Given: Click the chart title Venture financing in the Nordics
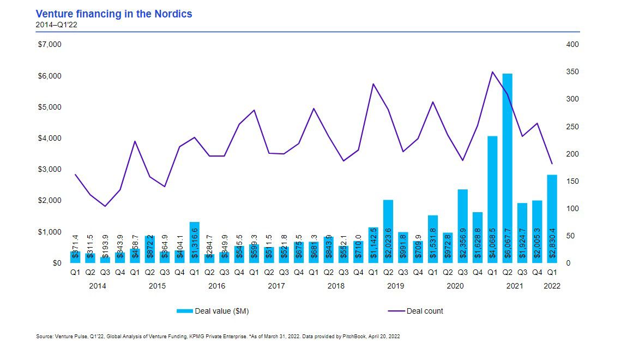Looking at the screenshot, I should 113,14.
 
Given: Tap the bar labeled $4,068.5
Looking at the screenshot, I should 492,199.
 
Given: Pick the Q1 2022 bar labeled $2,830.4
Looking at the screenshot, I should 552,218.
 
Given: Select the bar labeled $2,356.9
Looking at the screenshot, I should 462,226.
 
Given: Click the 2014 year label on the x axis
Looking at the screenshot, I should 98,285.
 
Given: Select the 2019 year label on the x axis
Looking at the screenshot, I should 395,285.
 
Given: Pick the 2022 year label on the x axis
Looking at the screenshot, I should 552,285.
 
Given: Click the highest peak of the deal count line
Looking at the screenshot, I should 492,71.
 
